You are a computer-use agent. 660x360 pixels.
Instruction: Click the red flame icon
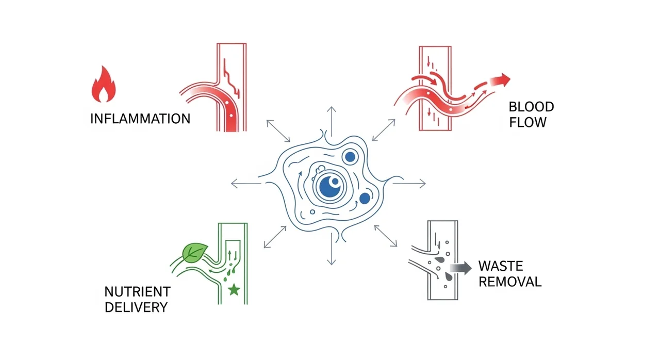click(x=103, y=85)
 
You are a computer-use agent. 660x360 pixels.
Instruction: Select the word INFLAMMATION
click(x=140, y=119)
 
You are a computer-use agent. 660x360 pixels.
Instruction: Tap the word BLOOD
click(x=531, y=107)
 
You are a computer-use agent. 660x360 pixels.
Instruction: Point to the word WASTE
click(x=500, y=267)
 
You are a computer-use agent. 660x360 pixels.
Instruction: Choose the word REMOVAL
click(x=509, y=282)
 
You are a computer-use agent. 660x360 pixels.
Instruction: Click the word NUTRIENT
click(x=137, y=292)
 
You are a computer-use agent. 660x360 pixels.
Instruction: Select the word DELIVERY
click(x=136, y=307)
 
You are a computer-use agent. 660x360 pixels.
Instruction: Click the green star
click(x=234, y=290)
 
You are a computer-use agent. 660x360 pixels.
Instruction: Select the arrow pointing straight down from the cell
click(x=331, y=252)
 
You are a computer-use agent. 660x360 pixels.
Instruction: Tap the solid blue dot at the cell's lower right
click(x=365, y=199)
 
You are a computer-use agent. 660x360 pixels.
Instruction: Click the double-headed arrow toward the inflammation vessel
click(x=278, y=130)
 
